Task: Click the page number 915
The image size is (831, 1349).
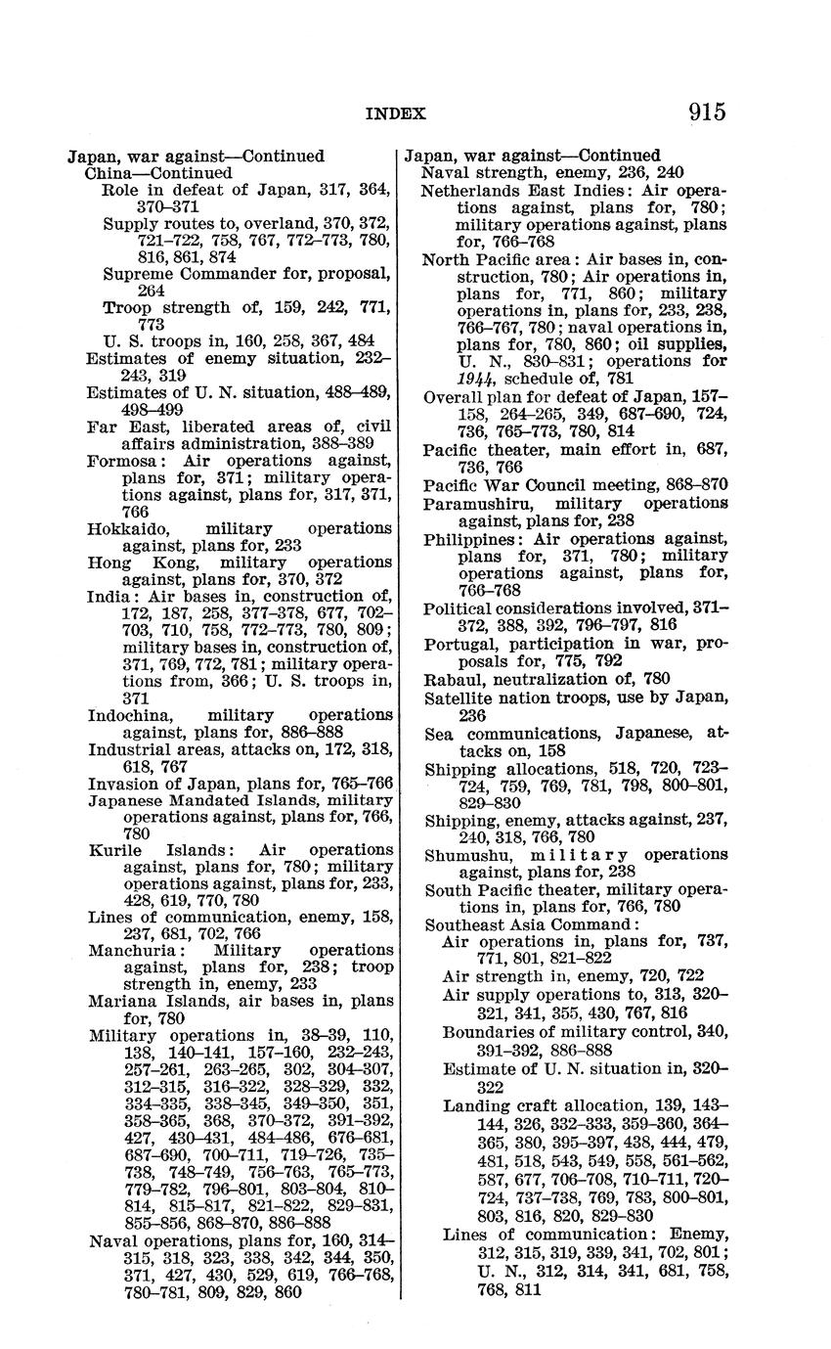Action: pyautogui.click(x=706, y=112)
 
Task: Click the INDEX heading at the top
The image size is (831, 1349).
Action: pyautogui.click(x=395, y=114)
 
